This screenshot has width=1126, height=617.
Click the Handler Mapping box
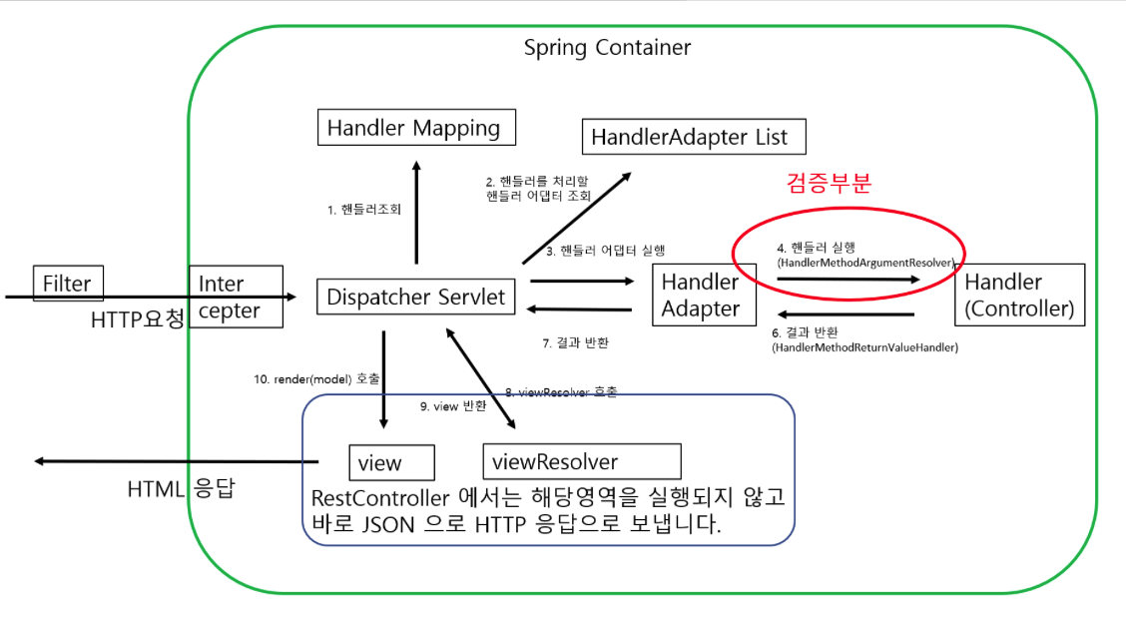(414, 128)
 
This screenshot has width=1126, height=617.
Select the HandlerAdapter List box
(690, 137)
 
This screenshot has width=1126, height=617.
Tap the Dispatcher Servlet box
(417, 297)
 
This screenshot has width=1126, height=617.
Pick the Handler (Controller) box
(1018, 296)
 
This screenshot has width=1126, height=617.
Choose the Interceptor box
(235, 297)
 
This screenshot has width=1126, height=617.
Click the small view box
(391, 462)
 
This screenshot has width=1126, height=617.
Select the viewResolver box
(581, 461)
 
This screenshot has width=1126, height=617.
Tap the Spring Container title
(607, 47)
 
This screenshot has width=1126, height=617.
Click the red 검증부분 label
(829, 183)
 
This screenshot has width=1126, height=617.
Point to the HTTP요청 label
(137, 320)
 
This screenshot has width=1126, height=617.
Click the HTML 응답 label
(181, 490)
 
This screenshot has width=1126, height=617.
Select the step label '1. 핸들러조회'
(364, 211)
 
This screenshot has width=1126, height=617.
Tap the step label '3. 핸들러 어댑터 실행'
(606, 251)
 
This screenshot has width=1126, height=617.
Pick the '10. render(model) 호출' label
(316, 379)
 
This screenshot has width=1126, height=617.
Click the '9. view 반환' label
(453, 406)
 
